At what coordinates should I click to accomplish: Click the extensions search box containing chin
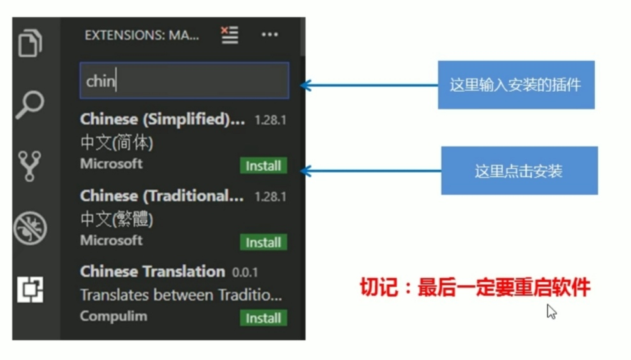[184, 80]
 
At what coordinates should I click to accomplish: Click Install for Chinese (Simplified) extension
[264, 165]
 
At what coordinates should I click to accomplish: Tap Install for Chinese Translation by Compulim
[264, 318]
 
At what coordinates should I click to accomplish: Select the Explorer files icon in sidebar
[30, 43]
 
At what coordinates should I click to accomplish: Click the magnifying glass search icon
[30, 104]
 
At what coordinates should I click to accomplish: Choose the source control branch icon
[29, 166]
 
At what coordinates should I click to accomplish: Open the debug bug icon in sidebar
[30, 228]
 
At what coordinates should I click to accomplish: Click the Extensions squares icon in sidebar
[30, 289]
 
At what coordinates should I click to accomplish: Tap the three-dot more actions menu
[270, 34]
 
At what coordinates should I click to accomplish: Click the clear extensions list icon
[230, 35]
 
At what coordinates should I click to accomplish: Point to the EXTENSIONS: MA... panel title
[141, 36]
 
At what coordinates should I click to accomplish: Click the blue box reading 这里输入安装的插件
[516, 85]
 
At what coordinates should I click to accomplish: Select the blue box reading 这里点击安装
[519, 171]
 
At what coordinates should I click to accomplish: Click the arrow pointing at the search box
[370, 85]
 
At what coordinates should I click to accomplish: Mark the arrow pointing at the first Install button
[371, 171]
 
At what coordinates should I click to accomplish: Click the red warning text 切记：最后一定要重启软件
[475, 287]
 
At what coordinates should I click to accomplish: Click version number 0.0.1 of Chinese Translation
[245, 272]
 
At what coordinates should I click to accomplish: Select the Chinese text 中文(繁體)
[117, 219]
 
